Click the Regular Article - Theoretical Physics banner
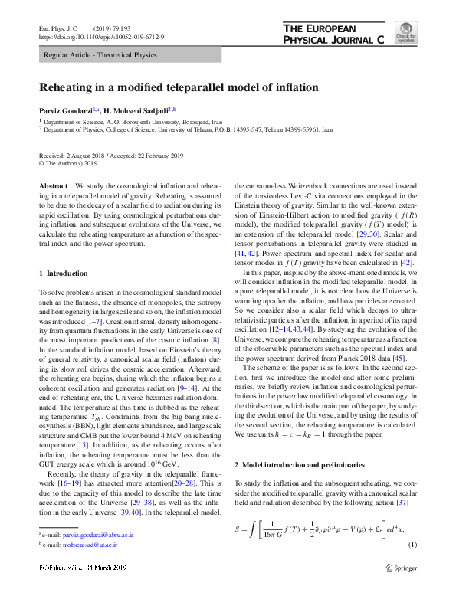coord(100,55)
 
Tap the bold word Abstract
coord(54,187)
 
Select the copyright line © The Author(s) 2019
coord(68,163)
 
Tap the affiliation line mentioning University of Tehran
coord(177,130)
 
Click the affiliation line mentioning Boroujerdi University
coord(132,122)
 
